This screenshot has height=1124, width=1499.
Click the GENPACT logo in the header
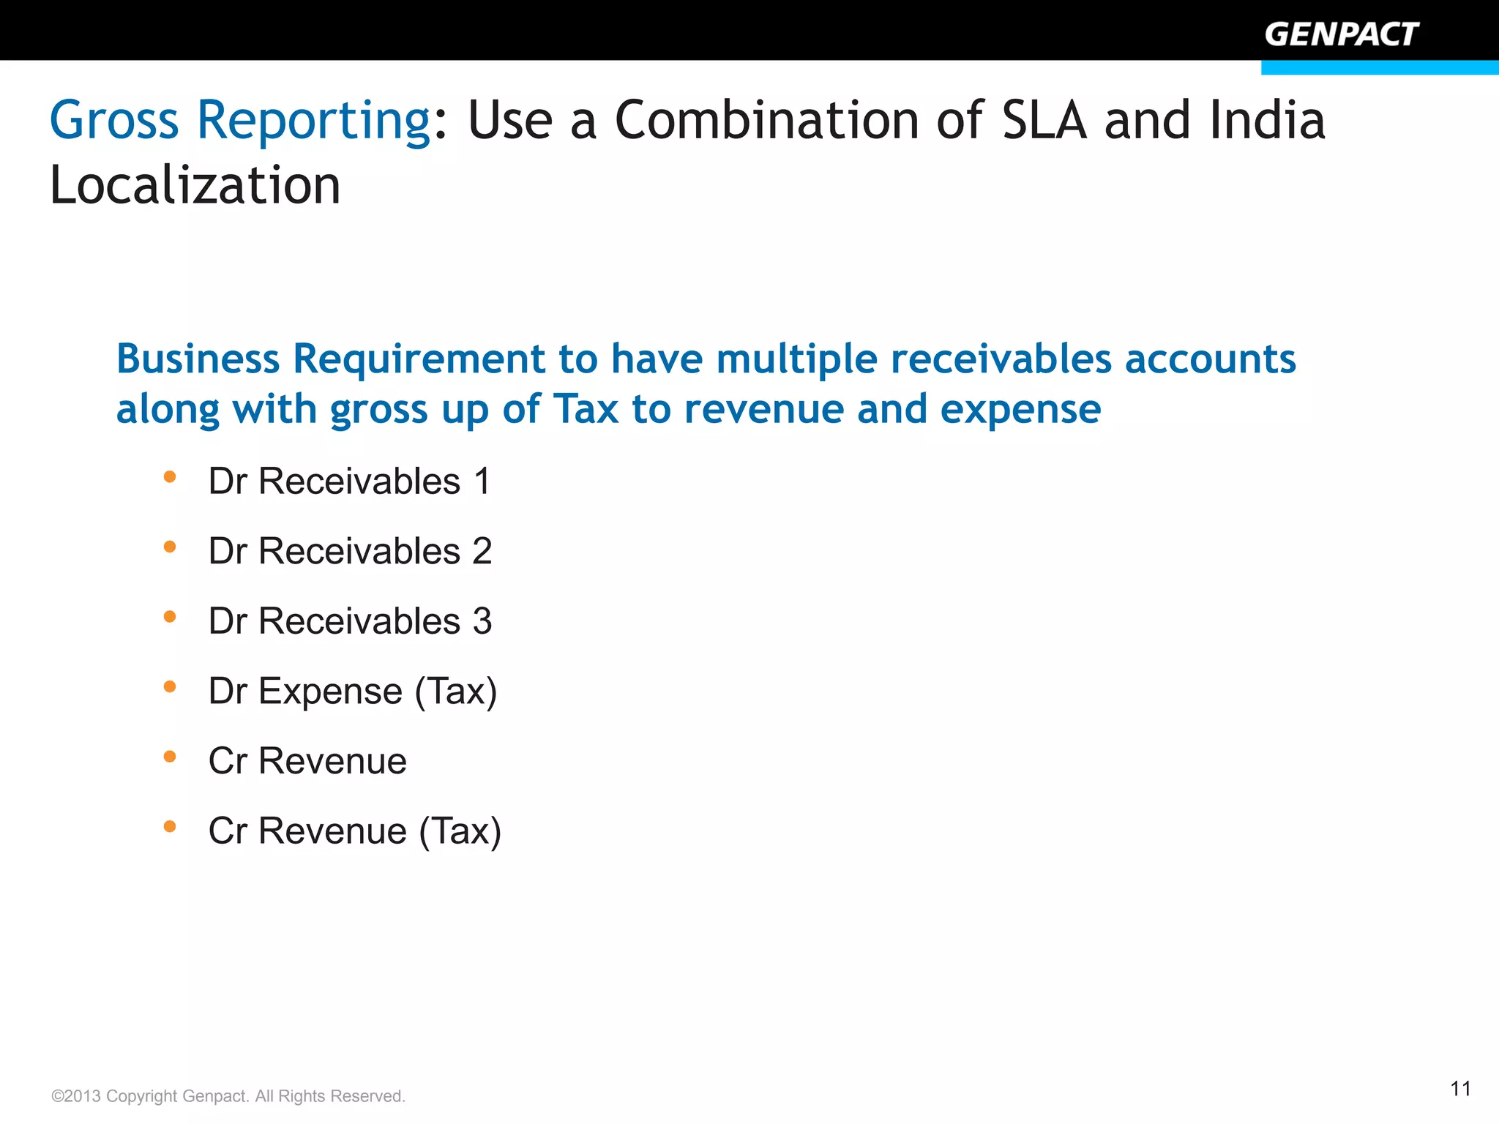click(1341, 34)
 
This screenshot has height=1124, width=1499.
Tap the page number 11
click(1460, 1089)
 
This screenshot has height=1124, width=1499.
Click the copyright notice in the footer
click(228, 1096)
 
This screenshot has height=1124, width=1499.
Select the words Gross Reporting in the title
click(240, 120)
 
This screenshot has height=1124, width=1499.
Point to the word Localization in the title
click(195, 185)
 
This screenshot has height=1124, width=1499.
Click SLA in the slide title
click(1044, 120)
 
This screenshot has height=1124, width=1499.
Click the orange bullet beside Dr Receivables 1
click(170, 477)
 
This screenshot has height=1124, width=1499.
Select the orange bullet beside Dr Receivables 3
click(170, 617)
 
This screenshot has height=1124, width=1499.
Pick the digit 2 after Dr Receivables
click(482, 551)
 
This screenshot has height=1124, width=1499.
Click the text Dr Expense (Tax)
click(353, 691)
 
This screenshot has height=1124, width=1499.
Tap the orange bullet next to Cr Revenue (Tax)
click(170, 827)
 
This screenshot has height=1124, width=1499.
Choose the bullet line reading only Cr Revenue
click(307, 761)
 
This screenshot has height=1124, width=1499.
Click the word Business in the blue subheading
click(198, 359)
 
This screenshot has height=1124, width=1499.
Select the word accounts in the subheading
click(1210, 359)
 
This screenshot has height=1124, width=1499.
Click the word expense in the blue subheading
click(1020, 409)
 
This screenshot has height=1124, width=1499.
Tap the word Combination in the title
click(766, 120)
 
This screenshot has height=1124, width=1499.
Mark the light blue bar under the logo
click(1380, 67)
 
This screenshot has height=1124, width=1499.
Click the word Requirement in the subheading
click(419, 359)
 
